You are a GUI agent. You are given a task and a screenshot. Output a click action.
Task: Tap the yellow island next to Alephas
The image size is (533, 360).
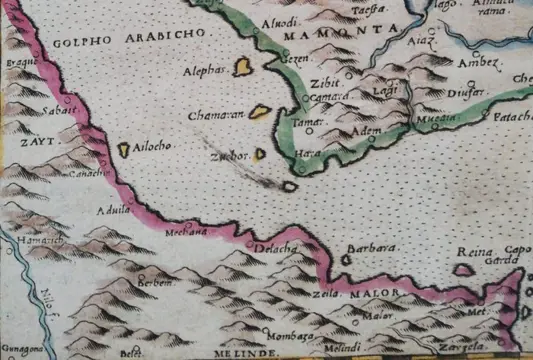tap(242, 68)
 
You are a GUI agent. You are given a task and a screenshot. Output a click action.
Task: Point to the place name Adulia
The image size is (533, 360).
tap(107, 209)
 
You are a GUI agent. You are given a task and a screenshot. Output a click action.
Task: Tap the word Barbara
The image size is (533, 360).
tap(366, 247)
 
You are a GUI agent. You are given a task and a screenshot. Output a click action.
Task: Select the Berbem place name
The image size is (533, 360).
tap(157, 282)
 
